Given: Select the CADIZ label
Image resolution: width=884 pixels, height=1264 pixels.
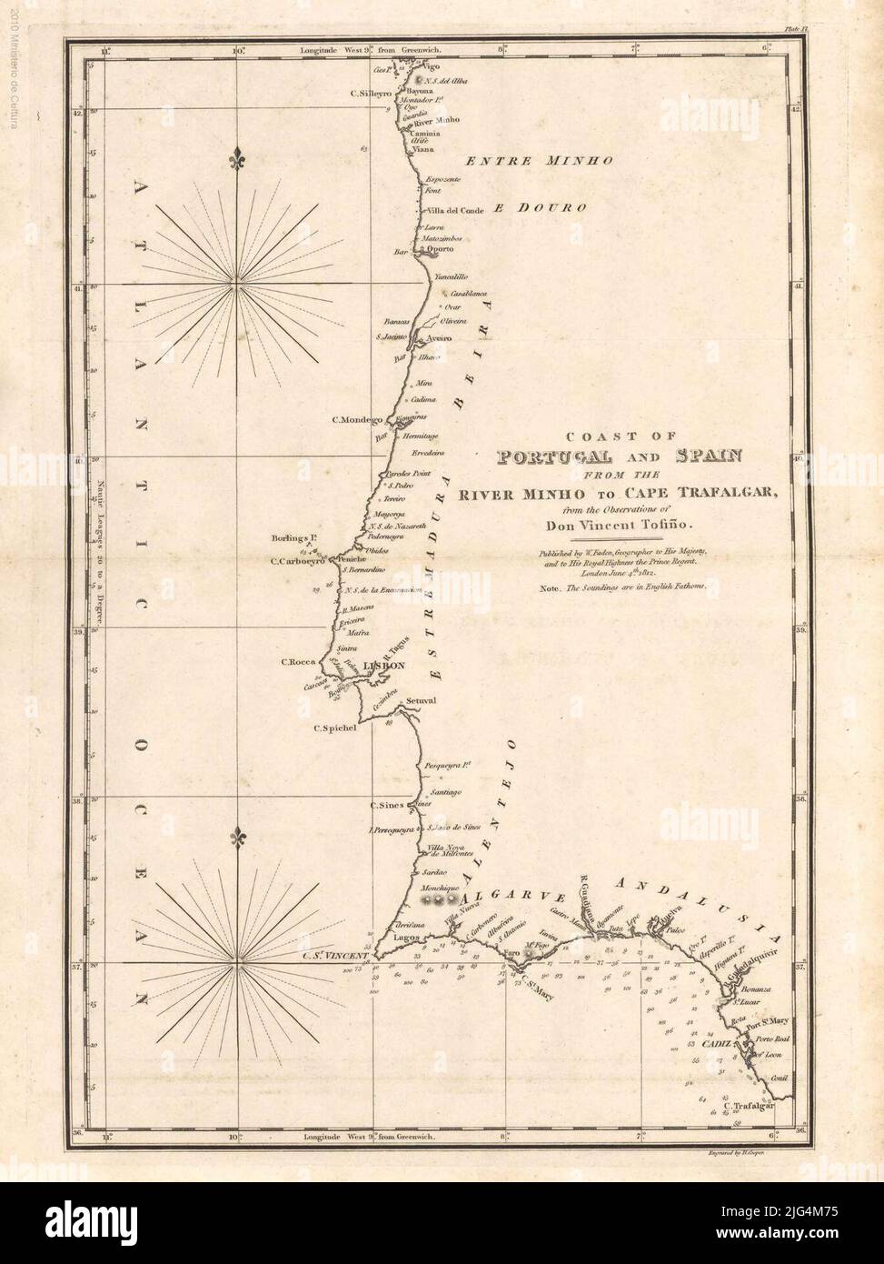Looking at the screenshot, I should (713, 1044).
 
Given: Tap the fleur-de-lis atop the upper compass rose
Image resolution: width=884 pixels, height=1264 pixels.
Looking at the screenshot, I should (238, 155).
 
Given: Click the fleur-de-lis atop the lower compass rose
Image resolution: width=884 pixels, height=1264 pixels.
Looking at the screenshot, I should (238, 837).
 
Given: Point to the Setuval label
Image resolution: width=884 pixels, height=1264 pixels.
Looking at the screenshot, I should (422, 701).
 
